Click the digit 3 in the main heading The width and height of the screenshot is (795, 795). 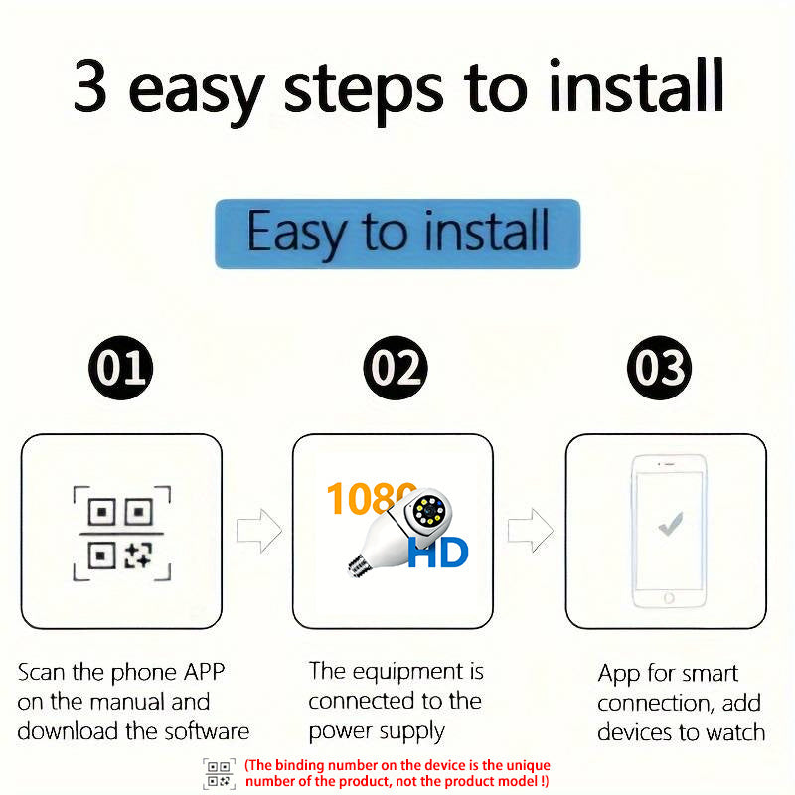[90, 87]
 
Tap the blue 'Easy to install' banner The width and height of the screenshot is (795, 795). [397, 234]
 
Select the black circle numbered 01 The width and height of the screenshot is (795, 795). [121, 369]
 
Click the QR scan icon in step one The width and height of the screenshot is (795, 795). [121, 533]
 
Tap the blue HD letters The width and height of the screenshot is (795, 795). [437, 553]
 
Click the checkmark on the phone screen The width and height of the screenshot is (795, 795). [670, 523]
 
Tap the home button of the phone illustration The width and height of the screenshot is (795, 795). [670, 598]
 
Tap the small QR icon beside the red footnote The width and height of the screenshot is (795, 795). [219, 773]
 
